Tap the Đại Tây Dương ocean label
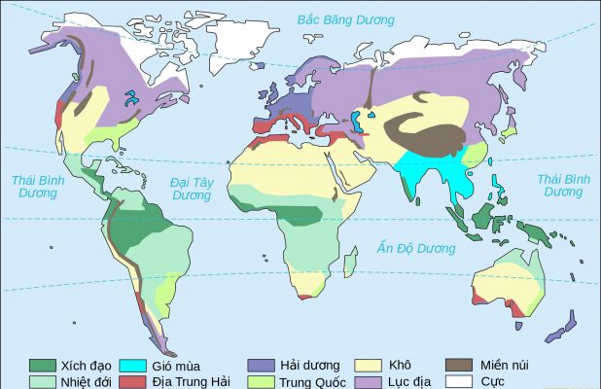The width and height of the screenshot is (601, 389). (192, 188)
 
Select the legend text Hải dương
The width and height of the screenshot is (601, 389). (309, 366)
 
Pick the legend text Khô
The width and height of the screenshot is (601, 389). (400, 366)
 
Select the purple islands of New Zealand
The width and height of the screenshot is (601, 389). (559, 326)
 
